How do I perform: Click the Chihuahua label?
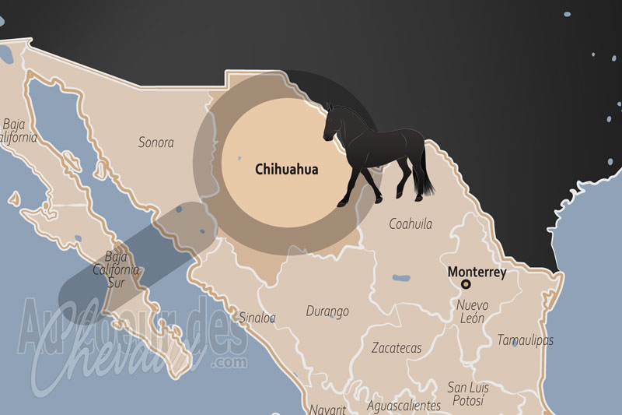click(x=286, y=168)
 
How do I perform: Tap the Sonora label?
click(x=155, y=142)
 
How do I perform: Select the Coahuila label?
click(x=411, y=224)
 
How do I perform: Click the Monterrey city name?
click(x=477, y=273)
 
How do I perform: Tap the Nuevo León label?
click(x=472, y=311)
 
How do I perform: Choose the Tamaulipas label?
click(x=526, y=340)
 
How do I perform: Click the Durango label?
click(x=327, y=311)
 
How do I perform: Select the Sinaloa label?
click(x=256, y=318)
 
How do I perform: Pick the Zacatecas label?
click(x=397, y=347)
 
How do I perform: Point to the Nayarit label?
click(x=327, y=409)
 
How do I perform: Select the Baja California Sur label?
click(x=122, y=269)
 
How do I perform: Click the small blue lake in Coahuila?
click(x=401, y=277)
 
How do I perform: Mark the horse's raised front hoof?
click(x=343, y=203)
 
